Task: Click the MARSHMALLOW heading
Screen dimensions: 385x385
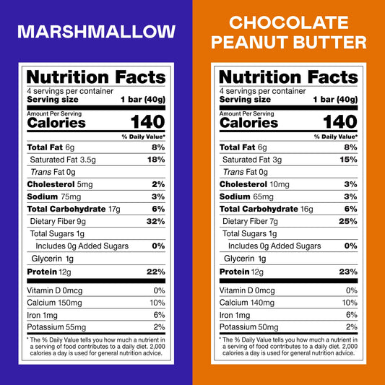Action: tap(97, 32)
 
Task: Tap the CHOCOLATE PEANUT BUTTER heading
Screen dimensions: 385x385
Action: tap(289, 33)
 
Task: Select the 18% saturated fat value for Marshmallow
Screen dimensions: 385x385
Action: tap(156, 160)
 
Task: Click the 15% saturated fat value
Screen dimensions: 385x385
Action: tap(349, 160)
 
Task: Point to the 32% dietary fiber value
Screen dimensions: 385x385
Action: tap(156, 221)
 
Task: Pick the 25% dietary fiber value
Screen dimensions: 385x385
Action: tap(348, 221)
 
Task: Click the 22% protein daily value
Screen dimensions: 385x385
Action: tap(156, 272)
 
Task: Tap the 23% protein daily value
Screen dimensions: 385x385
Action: tap(348, 272)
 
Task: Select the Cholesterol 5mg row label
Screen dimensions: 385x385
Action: tap(60, 184)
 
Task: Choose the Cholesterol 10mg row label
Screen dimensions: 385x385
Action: tap(254, 184)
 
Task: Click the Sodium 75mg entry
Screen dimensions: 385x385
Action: tap(54, 196)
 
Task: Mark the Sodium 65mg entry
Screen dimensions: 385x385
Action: tap(246, 196)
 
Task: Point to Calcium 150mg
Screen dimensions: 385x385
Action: tap(54, 303)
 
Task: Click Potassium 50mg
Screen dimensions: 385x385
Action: tap(249, 327)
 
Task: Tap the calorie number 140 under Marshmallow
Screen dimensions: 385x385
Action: tap(148, 122)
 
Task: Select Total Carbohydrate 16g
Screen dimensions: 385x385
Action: tap(267, 209)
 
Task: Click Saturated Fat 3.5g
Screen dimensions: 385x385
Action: tap(63, 160)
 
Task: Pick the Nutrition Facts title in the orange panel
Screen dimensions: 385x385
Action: tap(288, 77)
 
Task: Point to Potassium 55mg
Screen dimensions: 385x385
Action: tap(56, 327)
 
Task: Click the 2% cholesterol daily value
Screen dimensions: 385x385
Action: tap(158, 184)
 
